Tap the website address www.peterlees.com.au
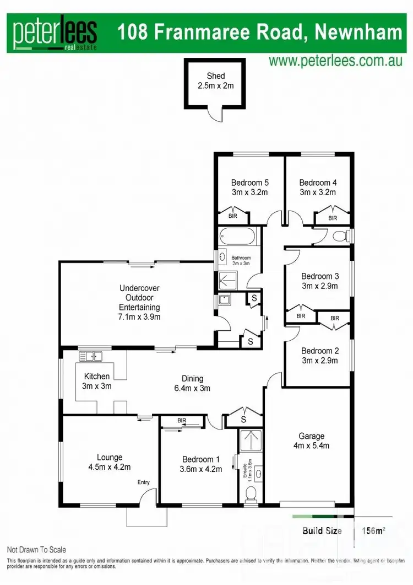click(x=336, y=61)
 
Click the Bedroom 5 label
click(x=249, y=183)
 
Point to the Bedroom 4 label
click(x=318, y=183)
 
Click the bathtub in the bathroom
click(x=237, y=238)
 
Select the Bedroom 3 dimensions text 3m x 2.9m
click(x=317, y=286)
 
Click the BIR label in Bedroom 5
click(x=232, y=216)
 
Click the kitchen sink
click(x=91, y=356)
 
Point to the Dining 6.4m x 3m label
click(x=193, y=383)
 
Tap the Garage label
click(x=311, y=436)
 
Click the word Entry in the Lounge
click(x=143, y=482)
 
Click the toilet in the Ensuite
click(x=251, y=492)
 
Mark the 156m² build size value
click(x=373, y=532)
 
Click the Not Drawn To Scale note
click(x=36, y=550)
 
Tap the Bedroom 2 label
click(x=317, y=351)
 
